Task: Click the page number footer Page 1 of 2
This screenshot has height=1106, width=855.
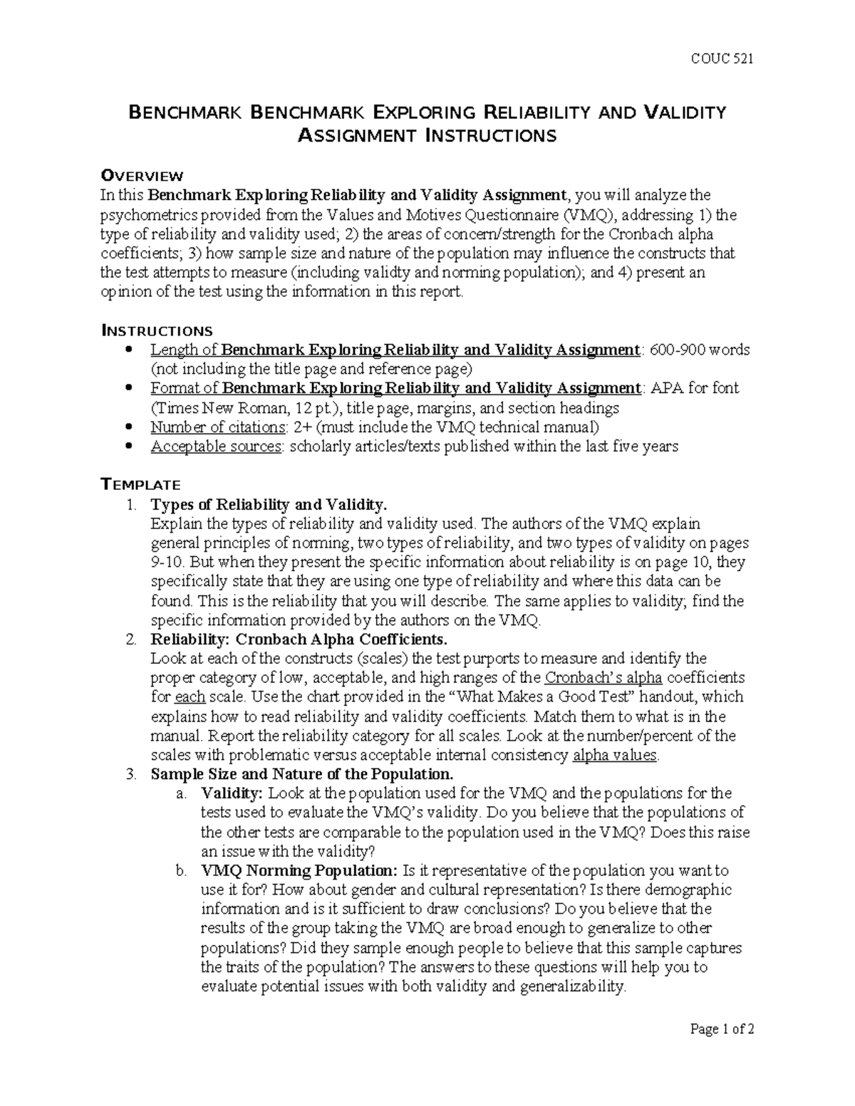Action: [x=722, y=1048]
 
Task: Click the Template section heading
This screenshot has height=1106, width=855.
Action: [x=140, y=485]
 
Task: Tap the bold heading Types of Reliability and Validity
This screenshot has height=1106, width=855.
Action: [x=269, y=505]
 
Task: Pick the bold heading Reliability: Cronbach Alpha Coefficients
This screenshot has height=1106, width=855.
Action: [x=299, y=639]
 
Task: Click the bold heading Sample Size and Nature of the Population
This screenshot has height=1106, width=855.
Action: [x=301, y=774]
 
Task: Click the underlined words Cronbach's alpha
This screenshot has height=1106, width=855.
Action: [x=603, y=677]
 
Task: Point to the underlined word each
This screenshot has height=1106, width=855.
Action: [x=190, y=697]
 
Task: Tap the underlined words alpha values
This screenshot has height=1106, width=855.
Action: [x=615, y=755]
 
